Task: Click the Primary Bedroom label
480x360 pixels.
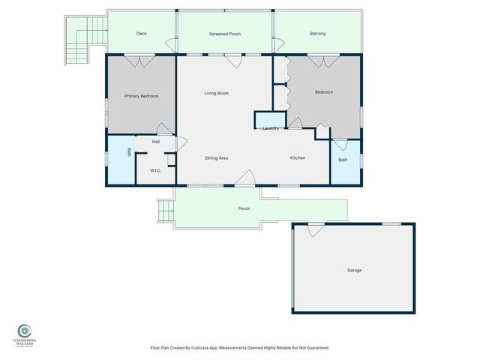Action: pyautogui.click(x=141, y=95)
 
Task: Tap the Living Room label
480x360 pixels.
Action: pyautogui.click(x=216, y=93)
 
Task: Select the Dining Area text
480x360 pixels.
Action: pyautogui.click(x=216, y=157)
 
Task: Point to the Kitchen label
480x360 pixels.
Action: pyautogui.click(x=298, y=157)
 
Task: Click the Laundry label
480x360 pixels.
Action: pyautogui.click(x=271, y=128)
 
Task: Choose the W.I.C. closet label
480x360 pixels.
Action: pyautogui.click(x=156, y=170)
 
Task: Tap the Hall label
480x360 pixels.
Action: pyautogui.click(x=156, y=141)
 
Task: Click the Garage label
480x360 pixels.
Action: pyautogui.click(x=354, y=269)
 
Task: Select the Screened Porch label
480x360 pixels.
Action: pyautogui.click(x=223, y=34)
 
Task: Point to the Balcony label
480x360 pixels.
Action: pyautogui.click(x=317, y=34)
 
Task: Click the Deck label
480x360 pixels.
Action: pyautogui.click(x=141, y=34)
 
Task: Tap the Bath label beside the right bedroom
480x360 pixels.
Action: pyautogui.click(x=343, y=160)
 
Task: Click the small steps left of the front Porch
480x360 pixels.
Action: pyautogui.click(x=165, y=211)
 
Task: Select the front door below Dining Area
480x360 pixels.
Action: pyautogui.click(x=244, y=178)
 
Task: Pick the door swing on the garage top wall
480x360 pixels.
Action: pyautogui.click(x=316, y=229)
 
